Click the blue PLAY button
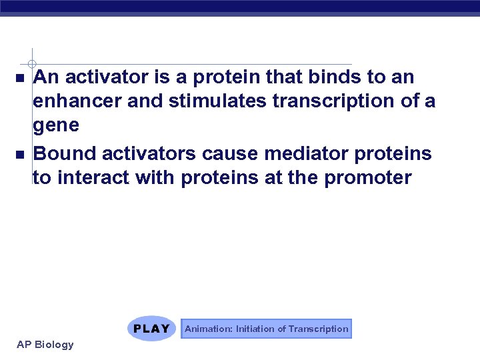coord(151,329)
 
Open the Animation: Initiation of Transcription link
coord(266,329)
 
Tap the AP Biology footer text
coord(45,345)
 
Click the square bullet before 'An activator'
coord(19,79)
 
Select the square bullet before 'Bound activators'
coord(19,155)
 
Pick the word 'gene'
coord(56,125)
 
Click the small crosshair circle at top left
coord(31,63)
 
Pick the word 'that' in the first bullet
coord(285,78)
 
